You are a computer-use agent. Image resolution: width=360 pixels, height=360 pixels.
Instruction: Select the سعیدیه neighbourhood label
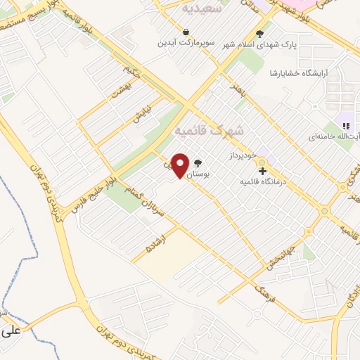(202, 8)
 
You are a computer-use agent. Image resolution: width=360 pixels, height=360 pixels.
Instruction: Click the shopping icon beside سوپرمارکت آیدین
(185, 32)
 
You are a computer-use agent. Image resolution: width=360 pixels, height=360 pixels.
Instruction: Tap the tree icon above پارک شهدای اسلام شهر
(259, 33)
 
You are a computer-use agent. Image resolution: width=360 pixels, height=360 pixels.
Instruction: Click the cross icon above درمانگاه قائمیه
(262, 170)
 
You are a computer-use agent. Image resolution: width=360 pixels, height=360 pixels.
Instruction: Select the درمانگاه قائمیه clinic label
(262, 181)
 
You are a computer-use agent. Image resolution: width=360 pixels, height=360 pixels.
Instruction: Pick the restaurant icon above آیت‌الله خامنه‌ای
(346, 126)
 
